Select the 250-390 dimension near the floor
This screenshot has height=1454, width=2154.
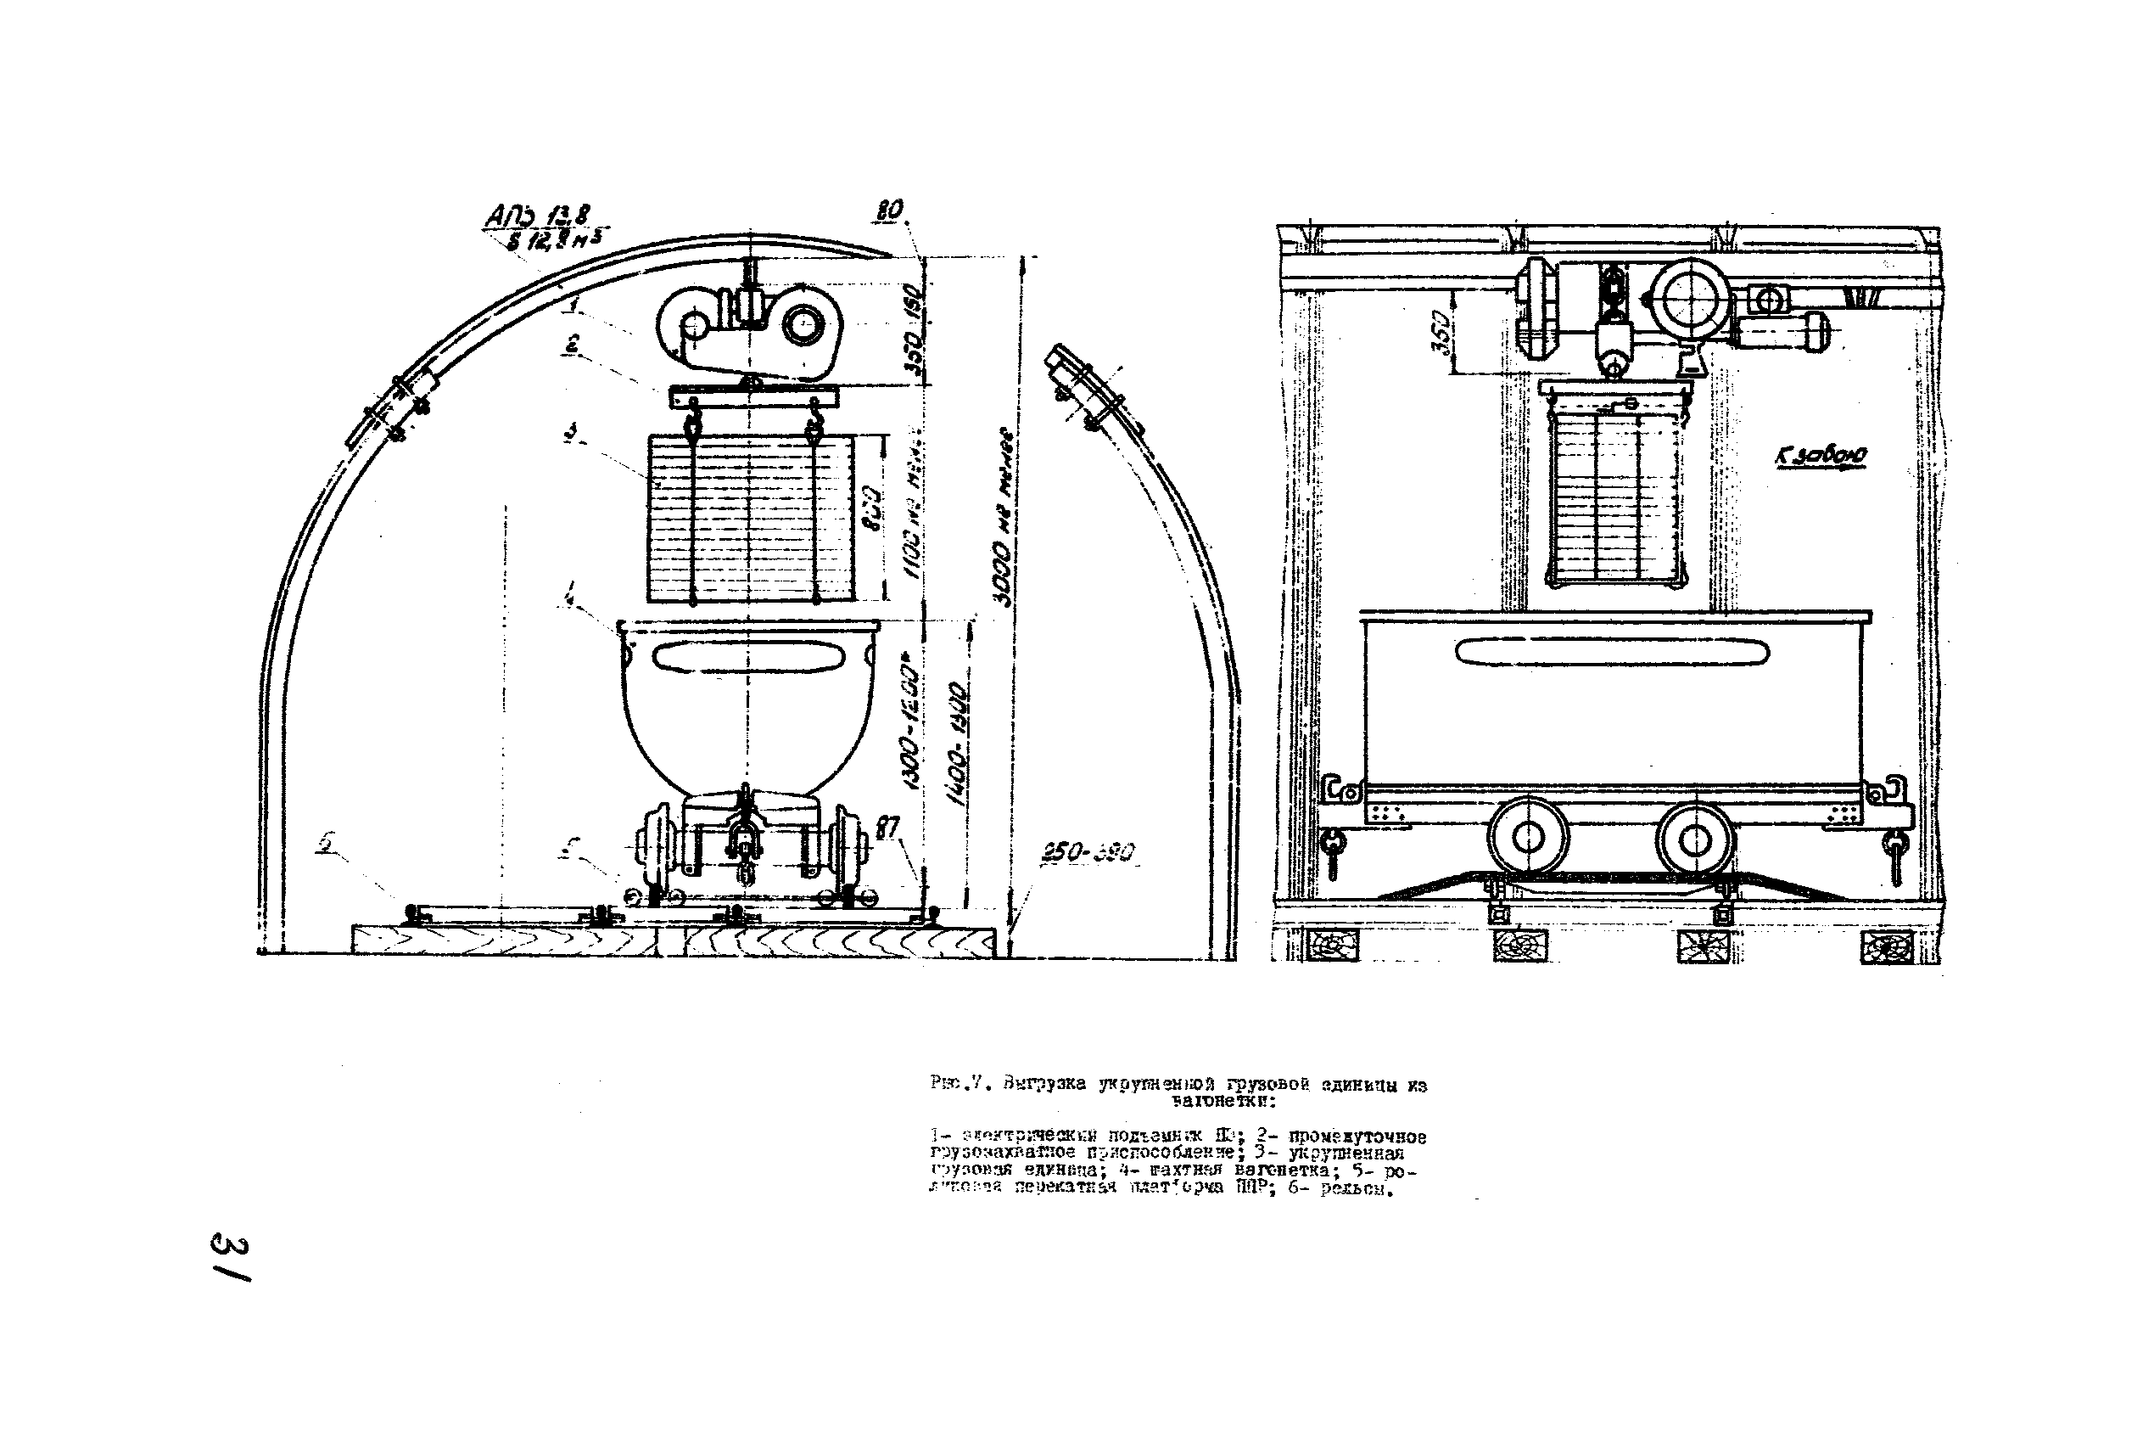(1088, 853)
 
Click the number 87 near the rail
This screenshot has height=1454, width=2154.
(887, 827)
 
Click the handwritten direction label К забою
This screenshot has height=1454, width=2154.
(1820, 456)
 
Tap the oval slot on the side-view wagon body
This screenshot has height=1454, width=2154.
(1613, 653)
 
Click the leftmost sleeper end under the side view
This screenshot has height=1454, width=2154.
(1332, 946)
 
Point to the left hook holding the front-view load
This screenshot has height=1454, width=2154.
(691, 427)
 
